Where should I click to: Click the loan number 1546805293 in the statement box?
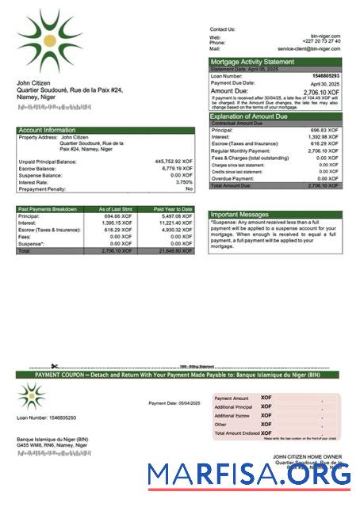pos(326,76)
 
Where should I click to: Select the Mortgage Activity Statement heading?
pos(251,62)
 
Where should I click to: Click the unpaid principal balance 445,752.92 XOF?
pos(173,161)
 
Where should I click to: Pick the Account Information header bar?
pos(47,130)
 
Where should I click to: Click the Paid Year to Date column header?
pos(173,208)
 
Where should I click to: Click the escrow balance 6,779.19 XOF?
pos(176,168)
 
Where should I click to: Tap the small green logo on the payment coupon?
pos(32,395)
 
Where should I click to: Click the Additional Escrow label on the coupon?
pos(232,415)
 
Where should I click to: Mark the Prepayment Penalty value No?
pos(189,189)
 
